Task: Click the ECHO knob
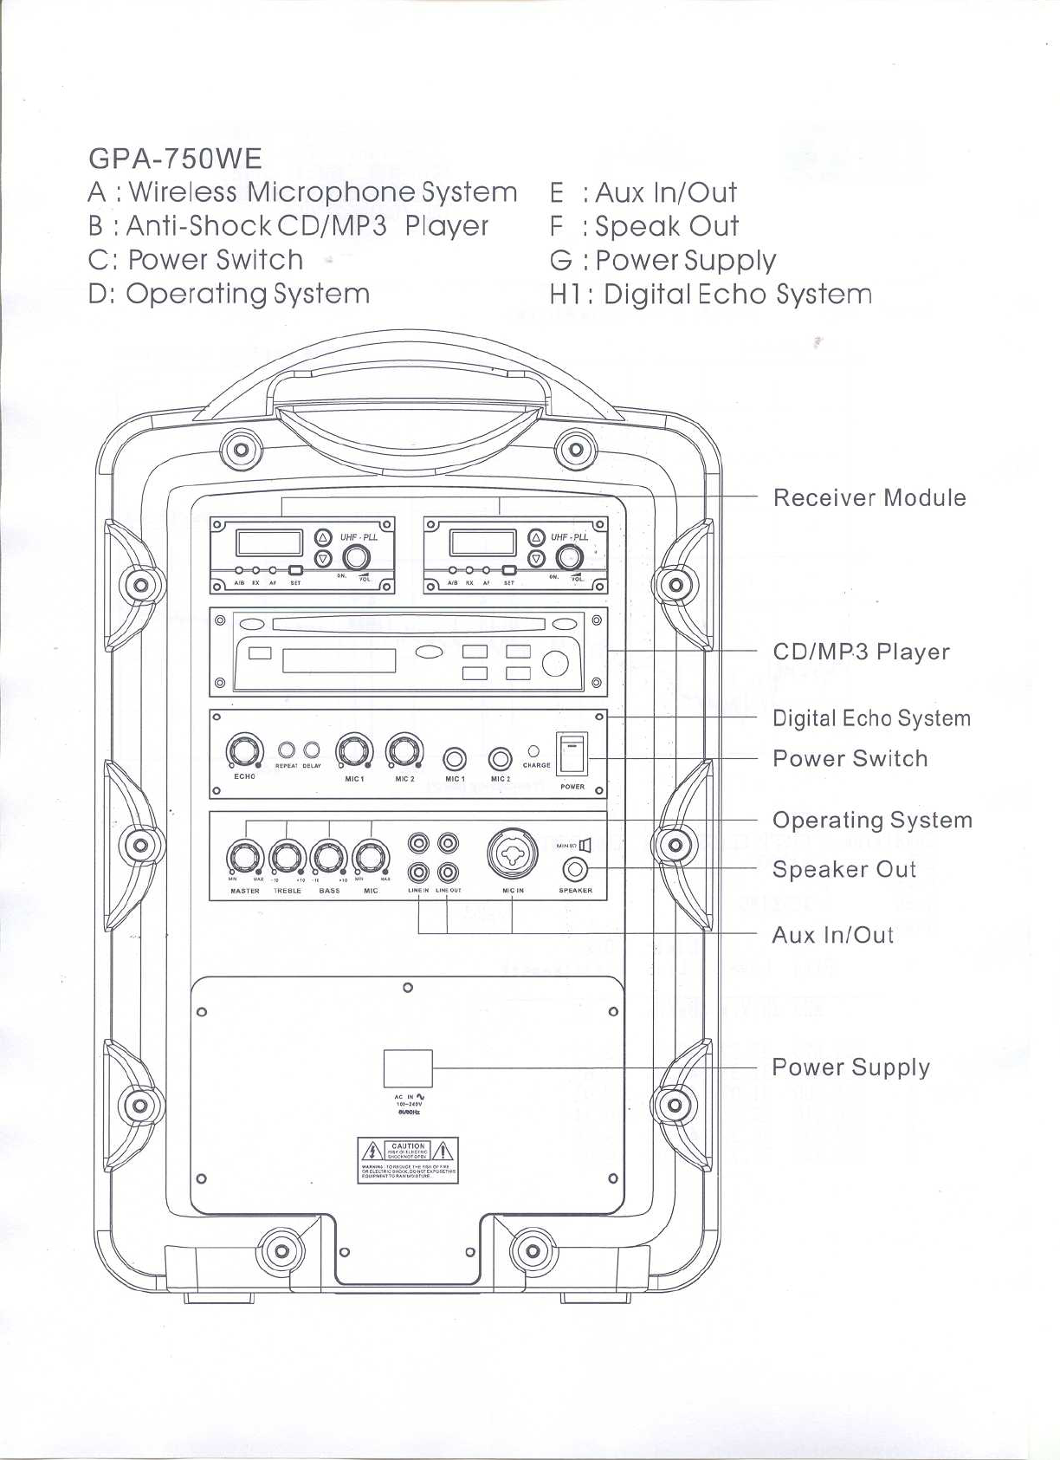click(244, 751)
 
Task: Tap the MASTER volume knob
click(244, 859)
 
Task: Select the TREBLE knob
click(288, 859)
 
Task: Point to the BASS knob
click(329, 859)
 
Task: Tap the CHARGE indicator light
click(534, 751)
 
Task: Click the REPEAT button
click(288, 750)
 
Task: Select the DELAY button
click(312, 750)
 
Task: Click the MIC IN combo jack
click(513, 853)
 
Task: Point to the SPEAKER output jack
click(576, 868)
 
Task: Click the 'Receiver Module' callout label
click(869, 498)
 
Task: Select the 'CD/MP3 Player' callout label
click(861, 652)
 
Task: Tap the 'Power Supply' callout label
click(850, 1067)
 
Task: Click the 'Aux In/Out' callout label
click(832, 935)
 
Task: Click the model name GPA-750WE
click(175, 159)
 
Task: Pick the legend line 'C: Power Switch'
click(196, 260)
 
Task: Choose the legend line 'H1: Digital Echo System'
click(710, 295)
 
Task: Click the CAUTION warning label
click(408, 1161)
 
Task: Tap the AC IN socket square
click(408, 1067)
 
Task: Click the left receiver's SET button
click(295, 571)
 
